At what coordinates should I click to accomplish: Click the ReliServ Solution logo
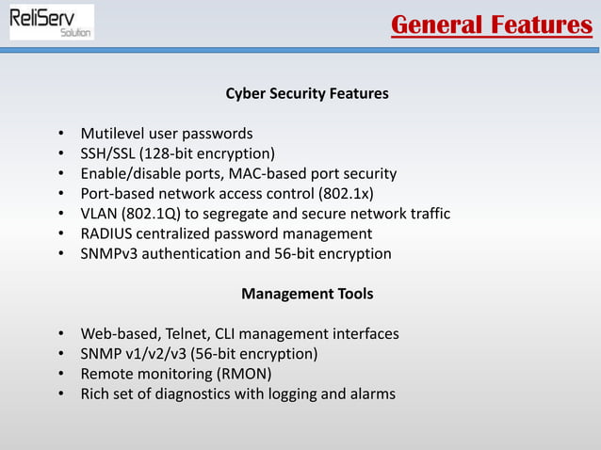click(x=52, y=22)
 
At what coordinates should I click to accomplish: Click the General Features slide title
click(x=491, y=24)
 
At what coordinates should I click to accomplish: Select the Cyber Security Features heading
click(x=307, y=94)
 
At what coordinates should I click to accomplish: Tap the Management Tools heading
click(x=307, y=294)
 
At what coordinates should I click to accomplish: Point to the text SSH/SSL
click(x=110, y=153)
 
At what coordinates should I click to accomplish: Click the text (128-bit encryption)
click(x=209, y=153)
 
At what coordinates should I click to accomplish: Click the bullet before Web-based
click(x=60, y=335)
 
